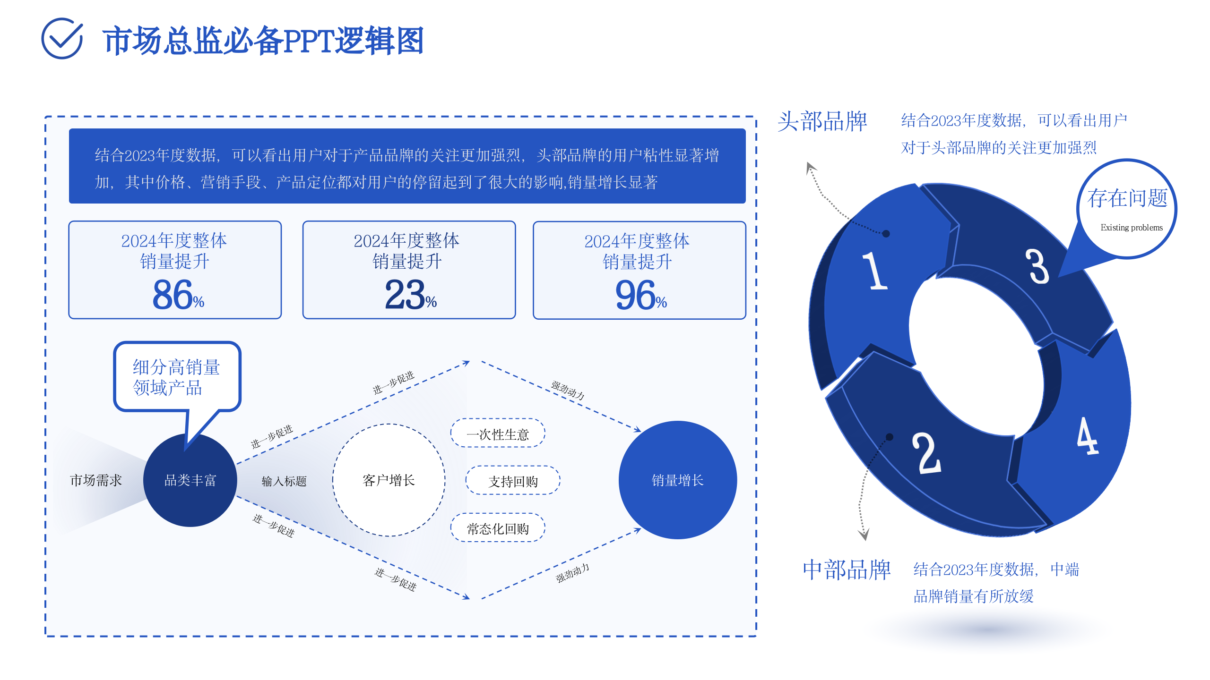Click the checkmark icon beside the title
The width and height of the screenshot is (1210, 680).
click(x=62, y=39)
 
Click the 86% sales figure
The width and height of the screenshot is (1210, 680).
click(x=178, y=295)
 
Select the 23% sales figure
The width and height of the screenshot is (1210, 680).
click(x=410, y=295)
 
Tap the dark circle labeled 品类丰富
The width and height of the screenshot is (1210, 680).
click(x=190, y=480)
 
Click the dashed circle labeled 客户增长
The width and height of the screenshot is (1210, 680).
click(x=389, y=480)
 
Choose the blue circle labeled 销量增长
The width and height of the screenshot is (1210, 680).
click(x=677, y=480)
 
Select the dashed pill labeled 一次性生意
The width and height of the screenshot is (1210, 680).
click(x=498, y=433)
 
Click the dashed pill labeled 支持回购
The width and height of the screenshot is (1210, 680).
click(x=513, y=481)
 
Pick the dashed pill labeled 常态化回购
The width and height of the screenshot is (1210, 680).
click(x=498, y=528)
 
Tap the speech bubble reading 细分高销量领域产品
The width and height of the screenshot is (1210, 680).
click(x=177, y=377)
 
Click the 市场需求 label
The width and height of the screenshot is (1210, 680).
click(x=96, y=480)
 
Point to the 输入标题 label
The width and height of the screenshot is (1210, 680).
click(x=284, y=481)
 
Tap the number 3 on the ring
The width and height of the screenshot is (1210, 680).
click(x=1037, y=266)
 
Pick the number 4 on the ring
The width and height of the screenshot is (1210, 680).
click(x=1087, y=436)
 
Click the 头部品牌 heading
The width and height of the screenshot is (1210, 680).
click(x=822, y=121)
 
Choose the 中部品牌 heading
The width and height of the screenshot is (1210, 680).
click(x=847, y=569)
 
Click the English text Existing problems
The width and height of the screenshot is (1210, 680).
click(x=1132, y=228)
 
